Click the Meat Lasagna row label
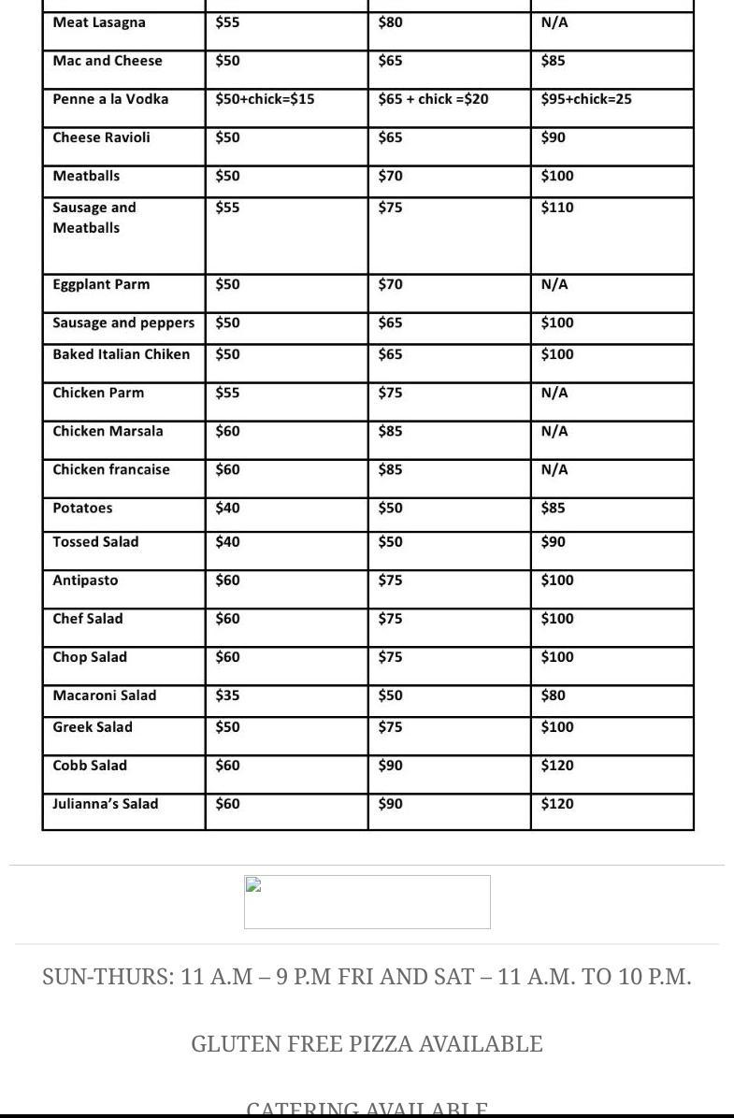(99, 22)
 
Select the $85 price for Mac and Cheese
(553, 61)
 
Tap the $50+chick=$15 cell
(265, 99)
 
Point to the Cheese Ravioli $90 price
(553, 137)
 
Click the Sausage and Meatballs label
(94, 218)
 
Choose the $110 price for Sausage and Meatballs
(557, 208)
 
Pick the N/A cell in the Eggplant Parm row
(554, 284)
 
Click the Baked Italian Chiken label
(122, 354)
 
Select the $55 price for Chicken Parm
(227, 393)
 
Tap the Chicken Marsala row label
(108, 431)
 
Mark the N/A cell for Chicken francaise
(554, 469)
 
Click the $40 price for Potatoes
(227, 508)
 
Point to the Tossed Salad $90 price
(553, 542)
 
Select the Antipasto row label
(85, 580)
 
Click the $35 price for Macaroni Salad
(227, 695)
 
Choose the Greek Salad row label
(93, 727)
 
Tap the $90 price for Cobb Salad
(390, 766)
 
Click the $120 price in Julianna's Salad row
(557, 804)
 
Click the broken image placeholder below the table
(367, 902)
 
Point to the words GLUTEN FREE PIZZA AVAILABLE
(367, 1044)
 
